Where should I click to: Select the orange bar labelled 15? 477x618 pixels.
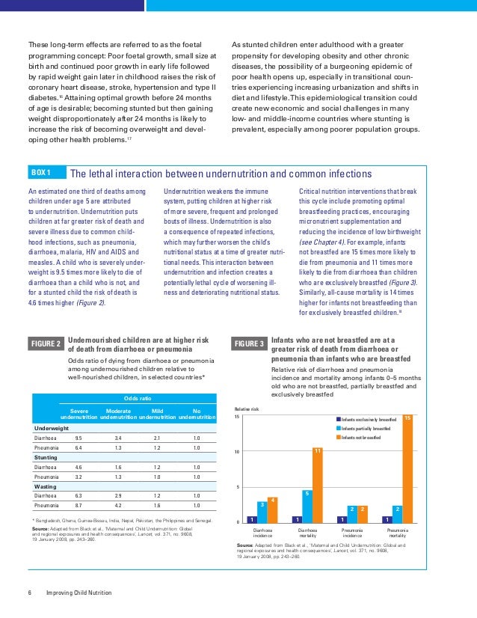pos(407,468)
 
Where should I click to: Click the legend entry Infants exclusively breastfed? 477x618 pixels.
pos(366,420)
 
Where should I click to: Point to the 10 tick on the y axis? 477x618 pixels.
pos(238,452)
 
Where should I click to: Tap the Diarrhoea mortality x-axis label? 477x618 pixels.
pos(307,533)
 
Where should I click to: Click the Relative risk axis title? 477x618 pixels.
pos(247,409)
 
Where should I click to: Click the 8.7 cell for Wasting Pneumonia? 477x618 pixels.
pos(79,504)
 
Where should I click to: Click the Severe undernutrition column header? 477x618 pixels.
pos(79,414)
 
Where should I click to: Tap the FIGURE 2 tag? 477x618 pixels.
pos(46,343)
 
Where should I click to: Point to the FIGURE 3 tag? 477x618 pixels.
pos(250,343)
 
